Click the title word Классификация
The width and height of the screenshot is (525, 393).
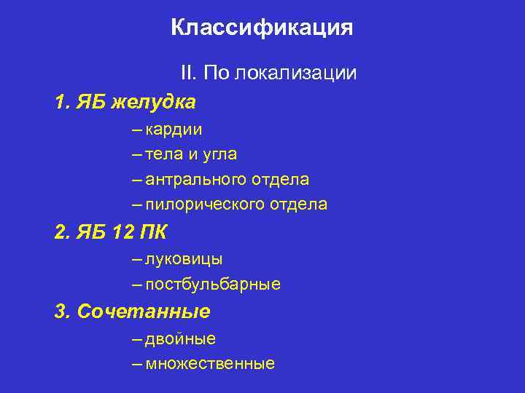point(262,28)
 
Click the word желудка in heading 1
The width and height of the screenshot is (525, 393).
point(154,102)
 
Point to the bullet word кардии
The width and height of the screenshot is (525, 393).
point(174,130)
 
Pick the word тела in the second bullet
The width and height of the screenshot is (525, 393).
point(162,154)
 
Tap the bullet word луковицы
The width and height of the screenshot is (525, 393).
point(184,259)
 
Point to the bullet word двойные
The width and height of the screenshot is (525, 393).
point(180,338)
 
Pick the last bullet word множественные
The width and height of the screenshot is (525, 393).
point(210,363)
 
